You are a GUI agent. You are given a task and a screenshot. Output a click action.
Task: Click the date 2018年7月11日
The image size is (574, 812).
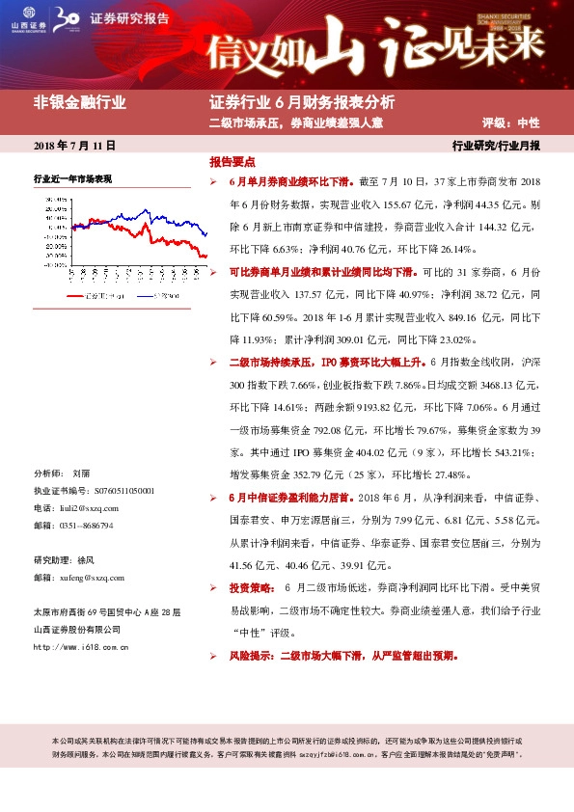coord(75,147)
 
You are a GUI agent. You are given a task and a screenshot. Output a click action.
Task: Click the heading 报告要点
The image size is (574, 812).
coord(232,162)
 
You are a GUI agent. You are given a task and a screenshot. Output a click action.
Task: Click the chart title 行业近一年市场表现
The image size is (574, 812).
coord(73,179)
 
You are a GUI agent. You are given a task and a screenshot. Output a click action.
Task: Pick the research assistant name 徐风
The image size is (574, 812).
coord(87,559)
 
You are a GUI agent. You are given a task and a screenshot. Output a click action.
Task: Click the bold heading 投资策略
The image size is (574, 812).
coord(248,587)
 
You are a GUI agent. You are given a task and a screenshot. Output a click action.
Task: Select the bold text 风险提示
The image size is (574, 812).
coord(248,656)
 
